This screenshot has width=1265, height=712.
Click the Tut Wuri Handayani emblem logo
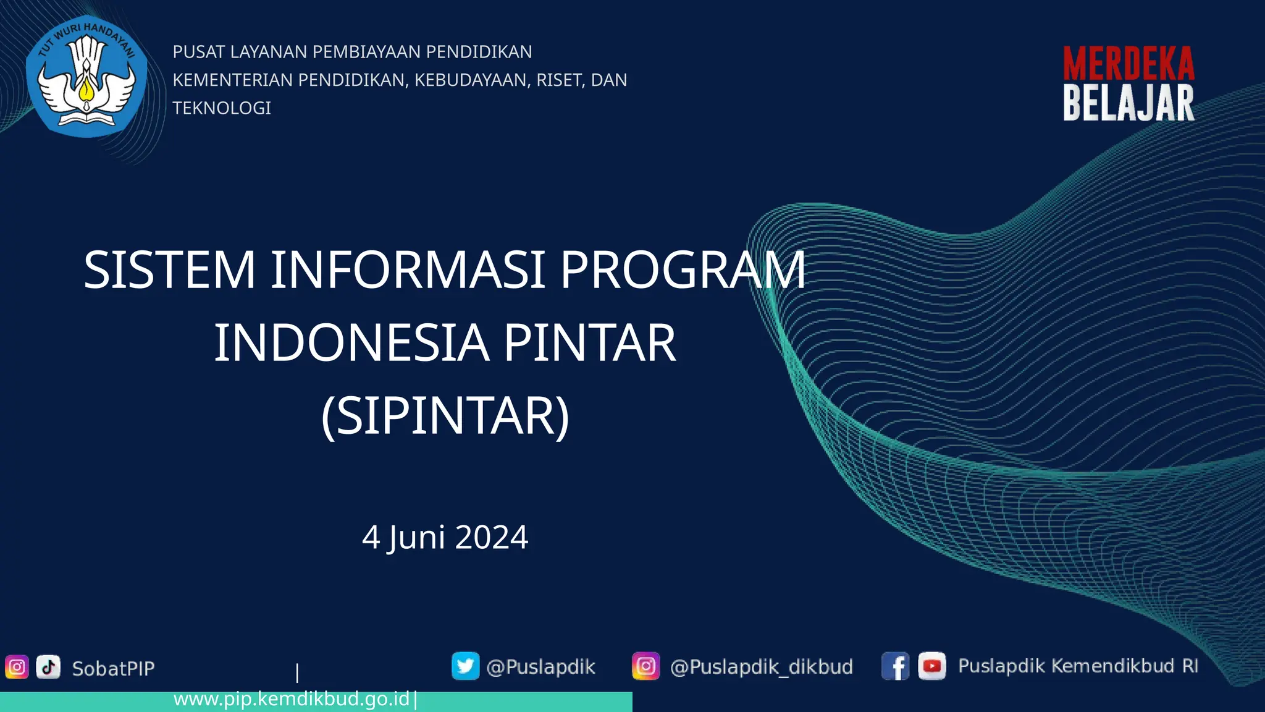point(86,77)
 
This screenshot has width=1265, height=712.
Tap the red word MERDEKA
point(1128,64)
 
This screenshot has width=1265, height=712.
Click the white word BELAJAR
point(1128,103)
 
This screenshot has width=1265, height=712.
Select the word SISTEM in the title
point(169,270)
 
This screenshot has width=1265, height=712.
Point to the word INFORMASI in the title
point(408,270)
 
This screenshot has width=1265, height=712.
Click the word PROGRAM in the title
point(682,270)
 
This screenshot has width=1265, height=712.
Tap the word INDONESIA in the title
point(351,343)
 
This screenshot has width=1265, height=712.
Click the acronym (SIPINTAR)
point(445,416)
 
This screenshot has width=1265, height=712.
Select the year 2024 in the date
point(492,537)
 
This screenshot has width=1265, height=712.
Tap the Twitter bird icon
point(465,666)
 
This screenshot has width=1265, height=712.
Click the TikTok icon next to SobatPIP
point(48,667)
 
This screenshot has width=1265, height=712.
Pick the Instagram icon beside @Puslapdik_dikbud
point(645,666)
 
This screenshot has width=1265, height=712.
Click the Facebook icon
point(895,666)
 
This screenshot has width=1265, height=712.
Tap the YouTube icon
point(931,666)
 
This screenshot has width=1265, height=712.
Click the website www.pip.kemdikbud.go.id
point(292,699)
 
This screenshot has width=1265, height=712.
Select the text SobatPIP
point(113,669)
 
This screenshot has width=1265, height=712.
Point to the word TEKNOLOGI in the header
point(222,108)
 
